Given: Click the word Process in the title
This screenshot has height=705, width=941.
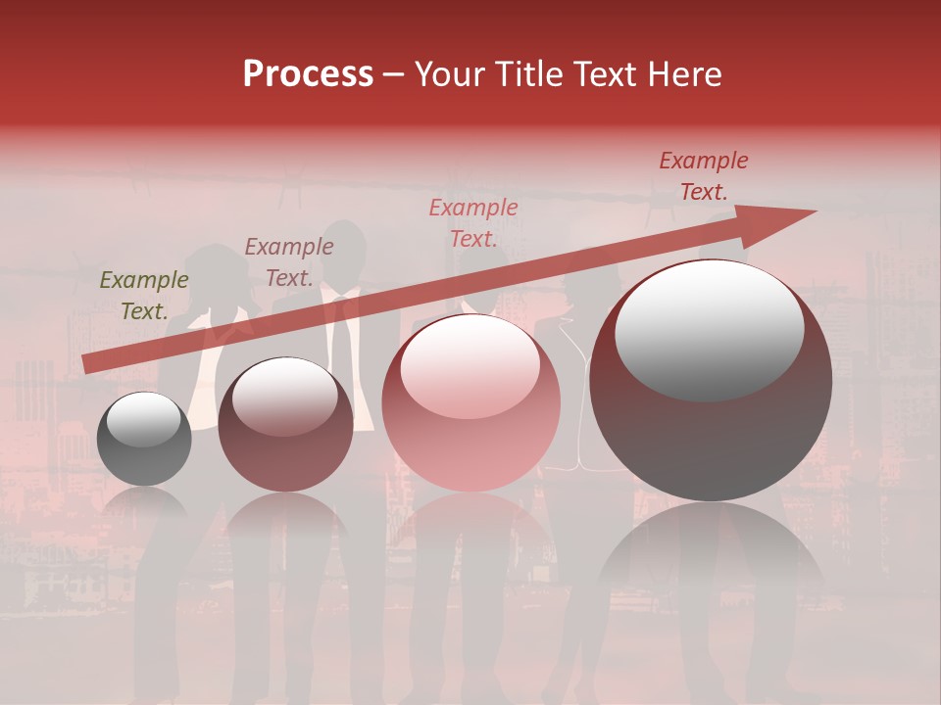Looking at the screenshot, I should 308,74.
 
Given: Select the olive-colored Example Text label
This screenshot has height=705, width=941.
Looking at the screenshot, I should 144,295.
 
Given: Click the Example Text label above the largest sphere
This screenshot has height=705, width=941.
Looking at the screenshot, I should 703,176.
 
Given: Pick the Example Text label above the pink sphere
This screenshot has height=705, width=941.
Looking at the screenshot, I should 473,222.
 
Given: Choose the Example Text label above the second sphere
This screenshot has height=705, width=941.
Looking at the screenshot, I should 289,261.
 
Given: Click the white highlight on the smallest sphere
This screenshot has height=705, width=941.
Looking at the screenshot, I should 143,419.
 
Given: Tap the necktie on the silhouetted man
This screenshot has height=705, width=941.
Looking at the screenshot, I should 338,338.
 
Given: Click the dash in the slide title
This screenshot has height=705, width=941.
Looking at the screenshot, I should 394,74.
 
